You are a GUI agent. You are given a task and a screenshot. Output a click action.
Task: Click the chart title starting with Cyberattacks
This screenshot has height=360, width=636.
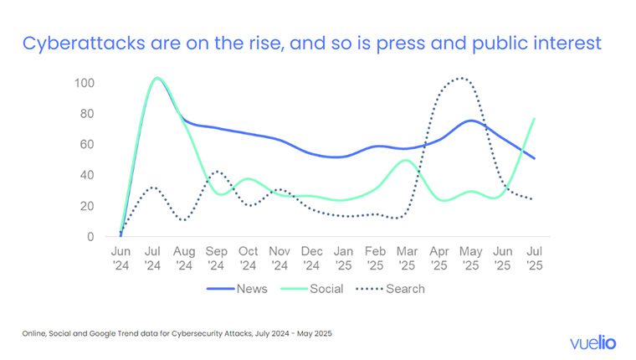[311, 44]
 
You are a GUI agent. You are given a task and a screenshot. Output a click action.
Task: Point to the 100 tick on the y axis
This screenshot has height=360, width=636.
[85, 83]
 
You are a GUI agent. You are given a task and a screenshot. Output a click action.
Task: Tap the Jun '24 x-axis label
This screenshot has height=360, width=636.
[121, 258]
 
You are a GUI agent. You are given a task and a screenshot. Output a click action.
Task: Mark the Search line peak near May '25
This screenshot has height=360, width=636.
[460, 80]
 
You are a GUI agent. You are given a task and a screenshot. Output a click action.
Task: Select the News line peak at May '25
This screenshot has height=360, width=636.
[471, 121]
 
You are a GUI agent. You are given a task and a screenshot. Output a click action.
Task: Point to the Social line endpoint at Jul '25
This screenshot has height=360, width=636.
[533, 118]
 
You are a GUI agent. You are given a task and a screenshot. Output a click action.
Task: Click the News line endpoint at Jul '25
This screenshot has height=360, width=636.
[533, 158]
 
